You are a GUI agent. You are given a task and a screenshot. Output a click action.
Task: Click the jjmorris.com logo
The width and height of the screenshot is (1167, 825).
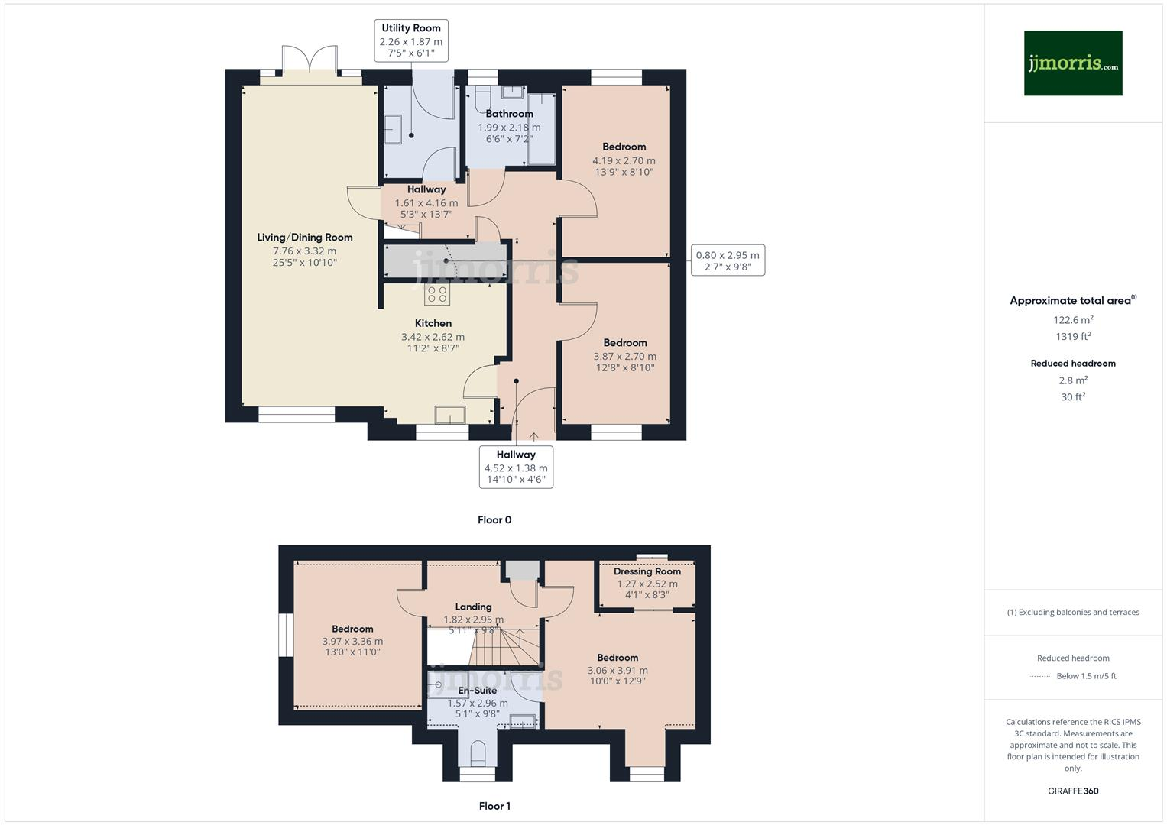tap(1072, 63)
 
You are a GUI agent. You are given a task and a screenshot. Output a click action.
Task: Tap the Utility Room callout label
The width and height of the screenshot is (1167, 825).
tap(411, 40)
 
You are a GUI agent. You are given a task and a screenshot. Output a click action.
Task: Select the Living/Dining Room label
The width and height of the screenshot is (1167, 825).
tap(304, 238)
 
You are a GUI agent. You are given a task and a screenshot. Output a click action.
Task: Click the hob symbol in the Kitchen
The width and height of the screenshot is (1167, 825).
tap(437, 295)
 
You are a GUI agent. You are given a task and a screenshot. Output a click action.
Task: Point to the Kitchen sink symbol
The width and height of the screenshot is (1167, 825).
tap(449, 415)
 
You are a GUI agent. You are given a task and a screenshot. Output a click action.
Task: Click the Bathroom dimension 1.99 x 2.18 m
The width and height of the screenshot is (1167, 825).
tap(509, 128)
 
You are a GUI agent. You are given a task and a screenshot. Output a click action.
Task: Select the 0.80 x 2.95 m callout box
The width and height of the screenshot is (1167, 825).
tap(728, 260)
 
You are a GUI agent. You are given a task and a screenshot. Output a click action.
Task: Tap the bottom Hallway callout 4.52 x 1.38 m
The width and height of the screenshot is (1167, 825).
tap(516, 467)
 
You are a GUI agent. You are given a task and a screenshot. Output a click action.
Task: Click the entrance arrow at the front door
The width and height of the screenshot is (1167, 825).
tap(533, 437)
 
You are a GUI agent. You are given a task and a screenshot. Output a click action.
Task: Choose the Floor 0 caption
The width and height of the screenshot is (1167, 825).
tap(494, 520)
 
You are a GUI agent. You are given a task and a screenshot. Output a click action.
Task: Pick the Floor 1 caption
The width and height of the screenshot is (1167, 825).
tap(494, 806)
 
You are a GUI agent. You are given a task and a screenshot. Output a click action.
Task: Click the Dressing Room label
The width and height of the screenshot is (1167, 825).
tap(647, 571)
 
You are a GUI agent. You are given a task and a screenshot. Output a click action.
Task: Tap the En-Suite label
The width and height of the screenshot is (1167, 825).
tap(478, 691)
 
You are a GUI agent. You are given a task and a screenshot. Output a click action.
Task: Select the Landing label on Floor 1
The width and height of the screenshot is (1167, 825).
tap(473, 607)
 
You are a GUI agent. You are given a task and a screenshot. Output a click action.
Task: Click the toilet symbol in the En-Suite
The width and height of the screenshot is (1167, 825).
tap(478, 752)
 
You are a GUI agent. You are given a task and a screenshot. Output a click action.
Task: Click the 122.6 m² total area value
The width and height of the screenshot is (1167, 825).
tap(1073, 320)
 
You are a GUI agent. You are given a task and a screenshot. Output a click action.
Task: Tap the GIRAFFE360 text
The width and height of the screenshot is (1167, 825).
tap(1073, 791)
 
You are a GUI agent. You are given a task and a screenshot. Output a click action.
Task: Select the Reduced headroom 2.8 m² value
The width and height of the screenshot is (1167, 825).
tap(1073, 380)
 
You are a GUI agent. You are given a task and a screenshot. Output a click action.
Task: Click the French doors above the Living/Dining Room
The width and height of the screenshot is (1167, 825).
tap(310, 61)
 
